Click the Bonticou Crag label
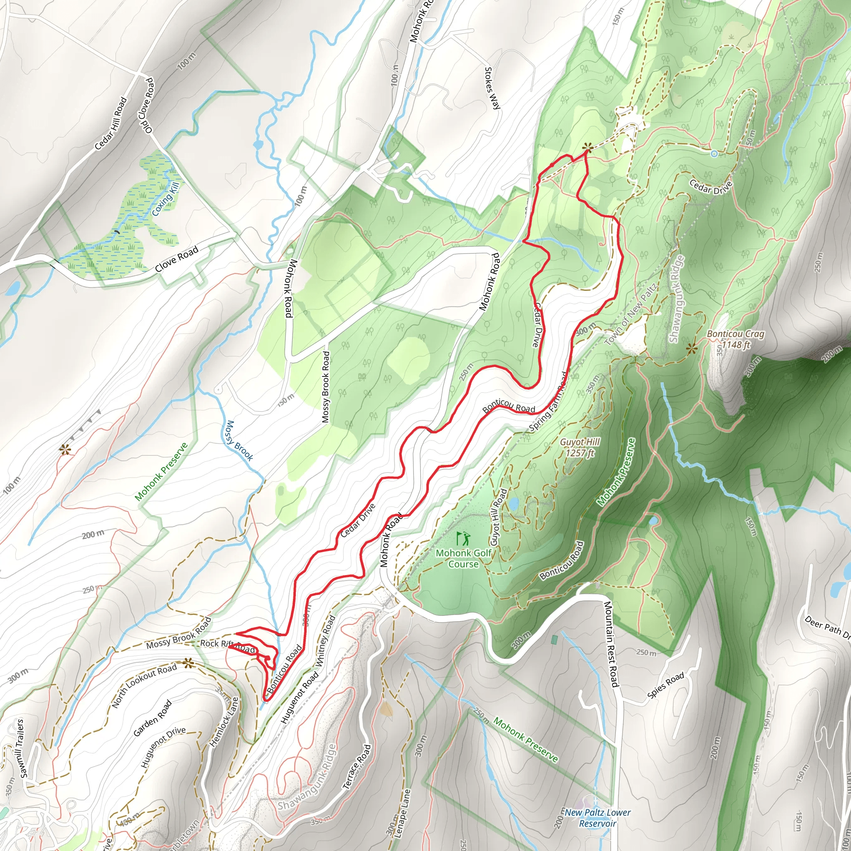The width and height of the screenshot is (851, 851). [x=735, y=339]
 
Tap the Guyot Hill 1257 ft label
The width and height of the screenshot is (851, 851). [x=580, y=447]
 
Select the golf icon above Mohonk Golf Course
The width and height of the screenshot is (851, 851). [x=463, y=538]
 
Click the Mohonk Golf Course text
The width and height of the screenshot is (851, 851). [x=463, y=558]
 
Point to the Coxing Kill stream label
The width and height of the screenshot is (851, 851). [x=166, y=200]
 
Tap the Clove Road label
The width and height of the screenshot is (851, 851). [x=177, y=259]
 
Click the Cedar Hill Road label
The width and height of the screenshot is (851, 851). [x=111, y=123]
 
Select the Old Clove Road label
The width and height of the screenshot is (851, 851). [x=147, y=106]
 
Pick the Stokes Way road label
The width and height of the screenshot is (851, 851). [x=492, y=88]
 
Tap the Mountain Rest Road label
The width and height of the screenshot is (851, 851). [x=611, y=644]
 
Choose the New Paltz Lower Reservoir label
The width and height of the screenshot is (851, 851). [x=597, y=817]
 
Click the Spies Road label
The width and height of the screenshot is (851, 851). [x=666, y=685]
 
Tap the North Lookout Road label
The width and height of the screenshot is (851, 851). [x=144, y=685]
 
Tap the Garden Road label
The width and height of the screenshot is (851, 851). [x=152, y=718]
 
